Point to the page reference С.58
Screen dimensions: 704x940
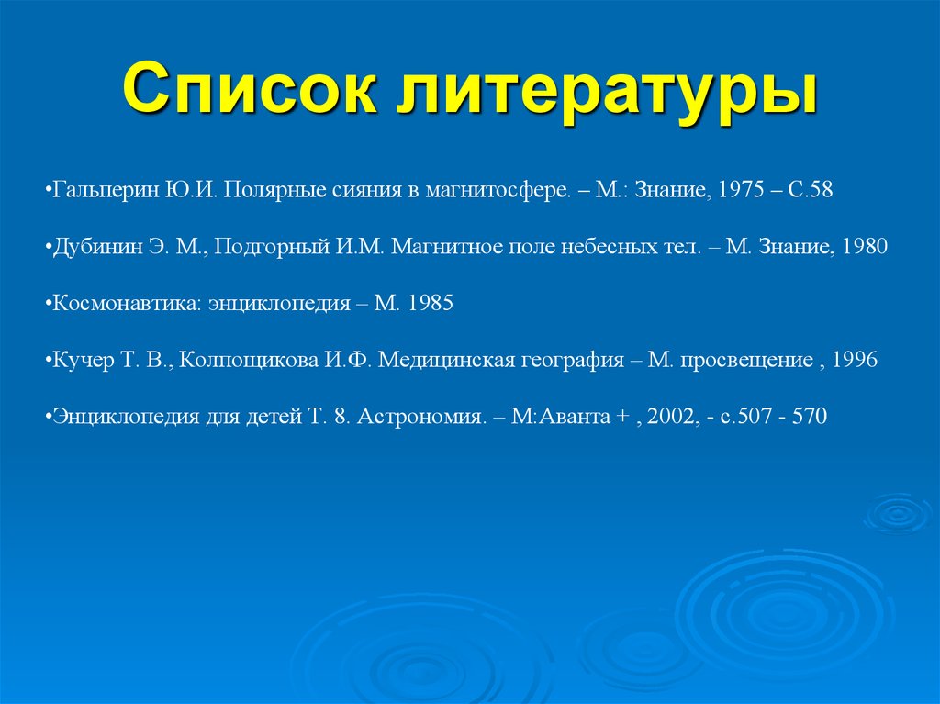[810, 190]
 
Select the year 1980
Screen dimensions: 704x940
[863, 247]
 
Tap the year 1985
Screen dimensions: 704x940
[428, 304]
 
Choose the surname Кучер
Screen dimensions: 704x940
[83, 360]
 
